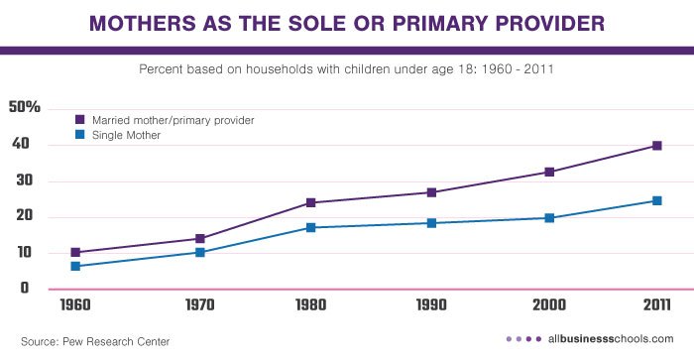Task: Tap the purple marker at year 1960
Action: [x=75, y=253]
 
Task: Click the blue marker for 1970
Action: [x=200, y=253]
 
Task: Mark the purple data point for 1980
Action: [x=310, y=202]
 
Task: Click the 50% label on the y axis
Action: [x=24, y=108]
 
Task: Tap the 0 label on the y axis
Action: [x=24, y=289]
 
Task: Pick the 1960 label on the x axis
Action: [x=75, y=306]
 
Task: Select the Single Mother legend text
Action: [x=126, y=135]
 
